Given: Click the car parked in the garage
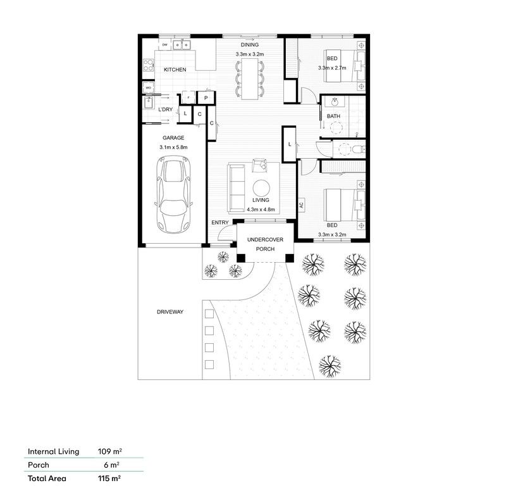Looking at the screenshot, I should click(174, 196).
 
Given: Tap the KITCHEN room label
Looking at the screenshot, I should click(175, 70).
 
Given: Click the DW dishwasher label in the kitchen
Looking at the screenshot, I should click(164, 45).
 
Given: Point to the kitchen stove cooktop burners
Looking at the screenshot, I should click(149, 64).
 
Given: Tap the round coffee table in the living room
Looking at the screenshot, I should click(261, 187).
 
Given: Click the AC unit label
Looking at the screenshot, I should click(302, 205).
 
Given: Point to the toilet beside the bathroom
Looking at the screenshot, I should click(357, 148).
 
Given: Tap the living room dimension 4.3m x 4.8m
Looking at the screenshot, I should click(261, 209).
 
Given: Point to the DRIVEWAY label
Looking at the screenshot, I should click(170, 312).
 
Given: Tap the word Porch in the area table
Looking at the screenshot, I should click(39, 465).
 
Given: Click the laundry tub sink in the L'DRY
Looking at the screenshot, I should click(151, 103).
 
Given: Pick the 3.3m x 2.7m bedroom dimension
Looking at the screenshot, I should click(332, 67).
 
